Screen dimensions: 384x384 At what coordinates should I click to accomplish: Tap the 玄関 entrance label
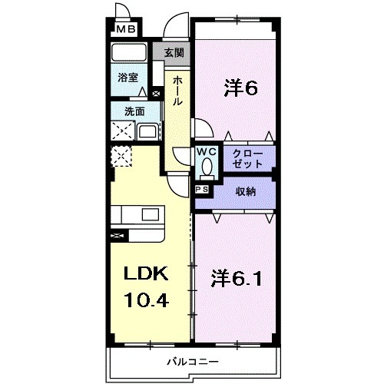tap(174, 53)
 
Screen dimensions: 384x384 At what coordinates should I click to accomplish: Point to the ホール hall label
tap(177, 91)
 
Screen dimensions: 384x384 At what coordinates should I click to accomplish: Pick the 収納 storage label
tap(245, 190)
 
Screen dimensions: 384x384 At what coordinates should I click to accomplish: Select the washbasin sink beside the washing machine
tap(147, 131)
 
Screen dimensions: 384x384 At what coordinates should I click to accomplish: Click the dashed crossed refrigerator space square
tap(122, 157)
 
